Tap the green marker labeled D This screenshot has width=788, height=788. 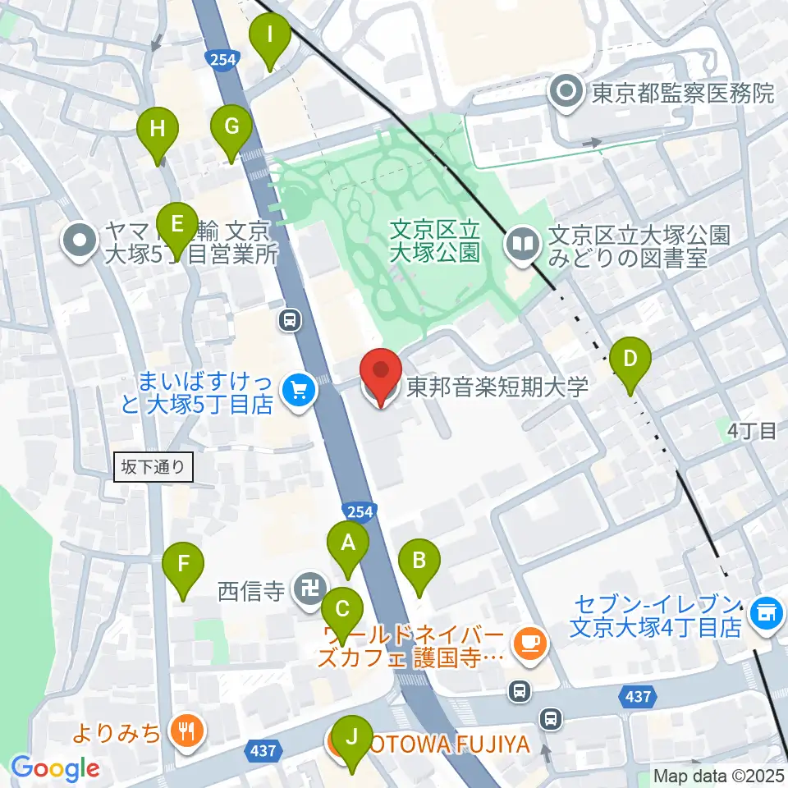[x=630, y=360]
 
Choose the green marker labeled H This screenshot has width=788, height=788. [x=158, y=130]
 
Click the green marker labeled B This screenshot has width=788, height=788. [x=419, y=562]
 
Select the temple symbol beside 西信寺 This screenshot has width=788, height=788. [x=309, y=589]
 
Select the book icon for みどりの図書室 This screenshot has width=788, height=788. [x=523, y=243]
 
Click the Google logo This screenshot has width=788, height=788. [x=55, y=768]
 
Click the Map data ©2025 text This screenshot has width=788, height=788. [x=718, y=775]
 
